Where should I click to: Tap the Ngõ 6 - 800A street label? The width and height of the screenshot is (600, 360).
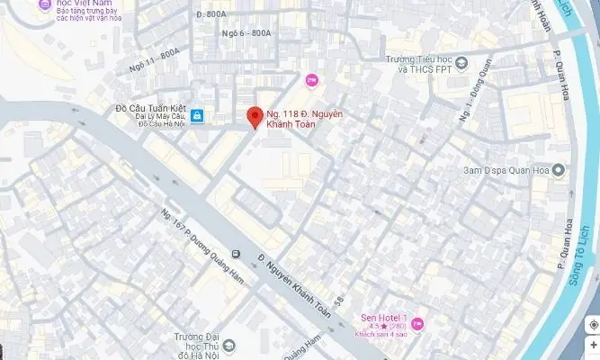[246, 32]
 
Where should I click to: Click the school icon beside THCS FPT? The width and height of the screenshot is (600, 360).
[461, 63]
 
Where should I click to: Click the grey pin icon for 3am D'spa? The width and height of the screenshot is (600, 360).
[559, 170]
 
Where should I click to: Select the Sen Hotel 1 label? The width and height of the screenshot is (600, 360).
[384, 317]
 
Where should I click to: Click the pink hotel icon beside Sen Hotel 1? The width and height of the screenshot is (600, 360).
[416, 323]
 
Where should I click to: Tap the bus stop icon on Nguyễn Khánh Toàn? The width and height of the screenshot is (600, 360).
[236, 255]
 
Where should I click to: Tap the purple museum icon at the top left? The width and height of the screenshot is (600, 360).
[42, 4]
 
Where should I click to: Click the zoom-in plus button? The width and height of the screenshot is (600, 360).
[593, 345]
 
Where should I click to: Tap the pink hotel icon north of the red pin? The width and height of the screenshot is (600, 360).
[311, 81]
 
